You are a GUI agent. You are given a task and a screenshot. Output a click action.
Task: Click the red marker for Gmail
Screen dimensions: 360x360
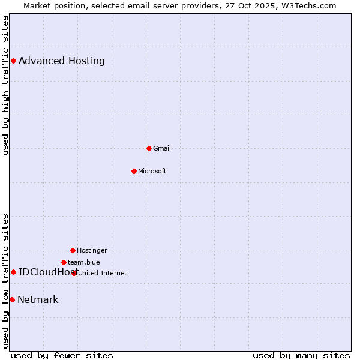coord(149,148)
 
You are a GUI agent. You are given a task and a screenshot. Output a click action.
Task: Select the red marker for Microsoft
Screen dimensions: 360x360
coord(134,171)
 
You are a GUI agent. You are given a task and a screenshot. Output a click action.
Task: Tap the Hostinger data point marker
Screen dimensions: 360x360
coord(73,250)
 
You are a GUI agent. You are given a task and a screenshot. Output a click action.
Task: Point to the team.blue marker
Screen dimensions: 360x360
coord(64,262)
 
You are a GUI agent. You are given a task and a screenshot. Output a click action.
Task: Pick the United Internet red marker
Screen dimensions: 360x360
coord(74,273)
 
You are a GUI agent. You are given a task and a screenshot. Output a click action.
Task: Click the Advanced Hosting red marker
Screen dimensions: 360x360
coord(13,61)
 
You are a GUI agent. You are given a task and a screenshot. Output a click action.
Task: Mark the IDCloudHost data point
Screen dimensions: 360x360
coord(13,272)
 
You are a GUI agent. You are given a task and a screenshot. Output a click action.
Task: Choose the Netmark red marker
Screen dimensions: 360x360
coord(12,299)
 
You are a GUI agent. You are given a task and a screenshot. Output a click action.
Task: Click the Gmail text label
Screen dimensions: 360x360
coord(162,148)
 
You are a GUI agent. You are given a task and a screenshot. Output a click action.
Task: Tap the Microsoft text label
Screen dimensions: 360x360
coord(152,171)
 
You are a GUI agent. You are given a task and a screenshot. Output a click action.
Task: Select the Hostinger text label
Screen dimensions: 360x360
coord(92,250)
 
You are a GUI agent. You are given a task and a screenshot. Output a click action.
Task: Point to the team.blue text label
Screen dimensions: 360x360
coord(84,262)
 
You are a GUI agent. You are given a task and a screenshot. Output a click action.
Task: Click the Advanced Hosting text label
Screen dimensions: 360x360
coord(62,61)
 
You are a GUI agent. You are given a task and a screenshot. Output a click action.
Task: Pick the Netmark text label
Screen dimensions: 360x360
coord(38,299)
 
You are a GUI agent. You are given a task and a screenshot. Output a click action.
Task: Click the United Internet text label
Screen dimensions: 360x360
coord(103,273)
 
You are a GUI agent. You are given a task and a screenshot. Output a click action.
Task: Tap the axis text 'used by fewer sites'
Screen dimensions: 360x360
coord(62,355)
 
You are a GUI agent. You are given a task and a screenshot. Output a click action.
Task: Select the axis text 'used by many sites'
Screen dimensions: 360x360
coord(301,355)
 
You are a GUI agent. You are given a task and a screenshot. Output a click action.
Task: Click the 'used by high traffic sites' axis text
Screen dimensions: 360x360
coord(6,85)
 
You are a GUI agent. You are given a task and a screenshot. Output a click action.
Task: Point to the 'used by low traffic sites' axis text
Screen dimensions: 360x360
coord(6,280)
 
